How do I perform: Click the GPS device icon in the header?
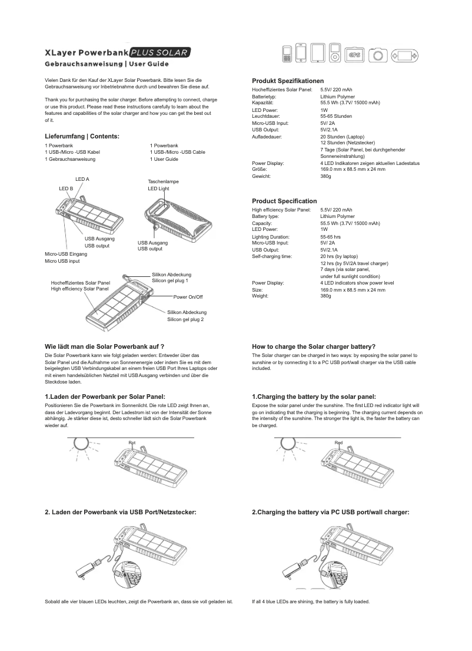pyautogui.click(x=355, y=54)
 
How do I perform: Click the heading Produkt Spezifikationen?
pyautogui.click(x=288, y=81)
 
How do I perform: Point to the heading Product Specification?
pyautogui.click(x=284, y=201)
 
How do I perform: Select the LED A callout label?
pyautogui.click(x=82, y=179)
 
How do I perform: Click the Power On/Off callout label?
pyautogui.click(x=188, y=297)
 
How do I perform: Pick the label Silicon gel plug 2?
pyautogui.click(x=185, y=319)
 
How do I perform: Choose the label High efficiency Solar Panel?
pyautogui.click(x=80, y=289)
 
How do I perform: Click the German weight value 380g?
pyautogui.click(x=326, y=176)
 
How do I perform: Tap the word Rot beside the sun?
pyautogui.click(x=132, y=442)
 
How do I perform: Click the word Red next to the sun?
pyautogui.click(x=338, y=442)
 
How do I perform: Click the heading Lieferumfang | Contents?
pyautogui.click(x=82, y=136)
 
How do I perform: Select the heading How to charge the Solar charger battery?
pyautogui.click(x=314, y=346)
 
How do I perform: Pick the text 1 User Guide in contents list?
pyautogui.click(x=164, y=159)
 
